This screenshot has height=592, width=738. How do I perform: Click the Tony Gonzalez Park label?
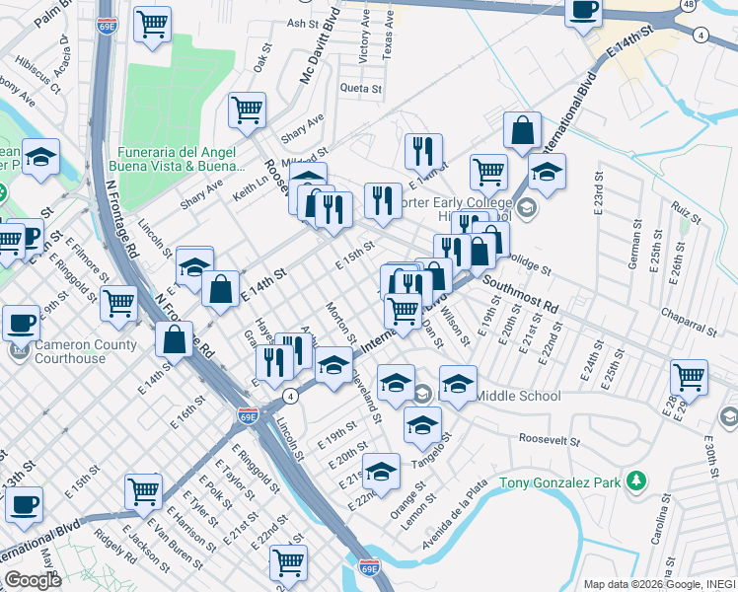click(x=562, y=482)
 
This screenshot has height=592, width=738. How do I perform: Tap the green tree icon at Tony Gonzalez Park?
click(x=637, y=481)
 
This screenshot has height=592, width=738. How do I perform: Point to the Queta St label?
click(x=361, y=89)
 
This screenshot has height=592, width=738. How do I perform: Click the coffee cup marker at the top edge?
click(x=583, y=10)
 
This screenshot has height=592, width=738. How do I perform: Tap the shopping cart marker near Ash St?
click(x=152, y=25)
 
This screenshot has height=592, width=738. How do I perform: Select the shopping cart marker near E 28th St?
click(x=689, y=377)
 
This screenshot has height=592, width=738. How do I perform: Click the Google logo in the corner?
click(x=33, y=580)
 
